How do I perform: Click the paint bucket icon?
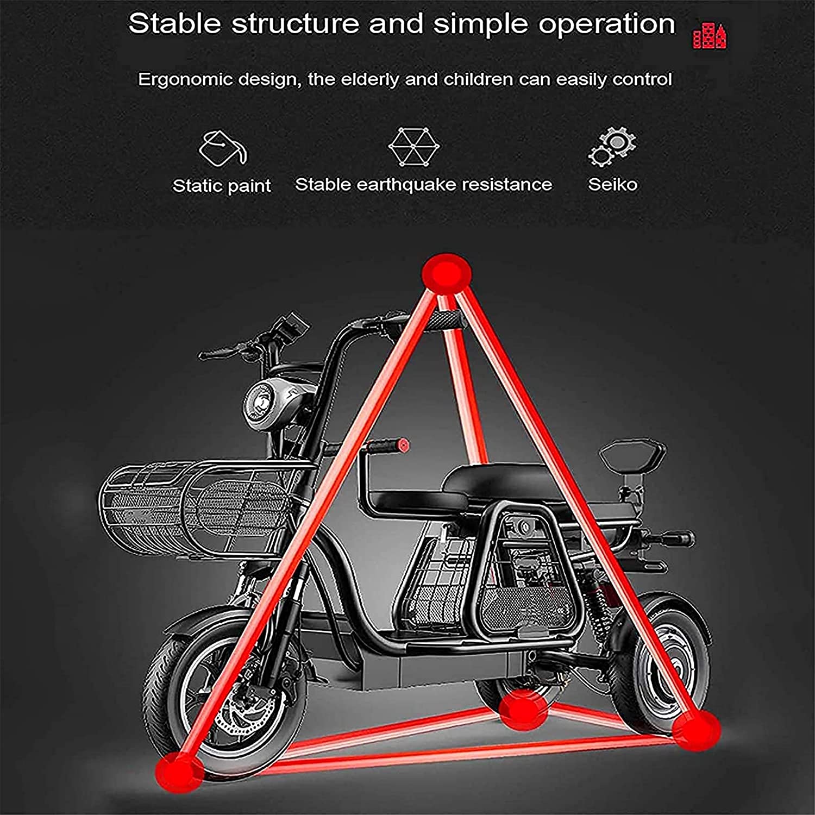tap(222, 147)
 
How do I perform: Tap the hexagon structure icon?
tap(414, 147)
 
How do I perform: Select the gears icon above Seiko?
tap(612, 147)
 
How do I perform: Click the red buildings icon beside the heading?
tap(710, 36)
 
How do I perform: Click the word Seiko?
tap(612, 185)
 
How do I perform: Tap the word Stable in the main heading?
tap(175, 24)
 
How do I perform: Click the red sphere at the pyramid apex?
tap(446, 271)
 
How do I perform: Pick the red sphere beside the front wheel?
tap(179, 769)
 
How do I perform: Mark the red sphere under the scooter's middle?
tap(523, 708)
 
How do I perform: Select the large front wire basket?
tap(201, 507)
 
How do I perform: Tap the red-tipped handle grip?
tap(386, 446)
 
